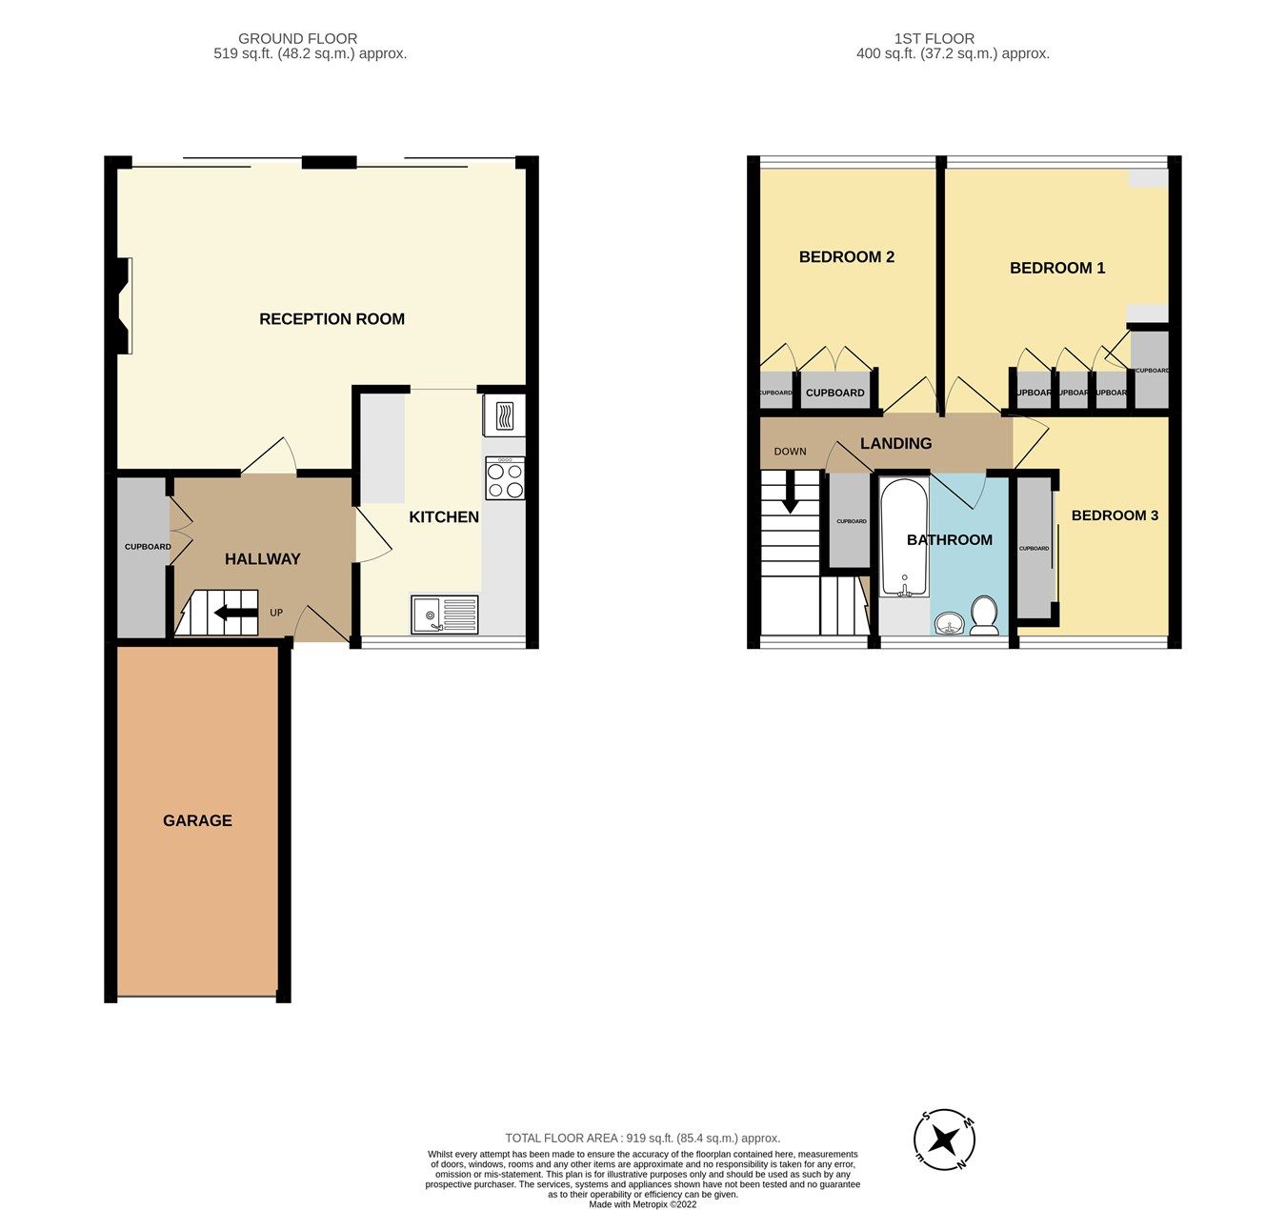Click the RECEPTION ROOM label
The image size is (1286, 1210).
click(332, 319)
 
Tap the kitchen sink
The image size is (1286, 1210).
click(445, 615)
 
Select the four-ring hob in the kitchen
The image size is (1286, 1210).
click(505, 478)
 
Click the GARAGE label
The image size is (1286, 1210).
click(197, 820)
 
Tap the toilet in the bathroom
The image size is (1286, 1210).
click(983, 615)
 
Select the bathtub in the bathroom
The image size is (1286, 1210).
click(903, 538)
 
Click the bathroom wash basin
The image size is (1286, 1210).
click(949, 625)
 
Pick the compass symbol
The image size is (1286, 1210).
click(944, 1139)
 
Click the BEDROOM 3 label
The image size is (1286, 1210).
click(1115, 515)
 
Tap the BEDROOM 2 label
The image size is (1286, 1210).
click(846, 257)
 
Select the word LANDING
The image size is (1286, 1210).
click(895, 443)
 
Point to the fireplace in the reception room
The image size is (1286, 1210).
click(123, 306)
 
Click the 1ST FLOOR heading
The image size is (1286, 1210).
click(934, 39)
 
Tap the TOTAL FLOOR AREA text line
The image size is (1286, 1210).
click(642, 1138)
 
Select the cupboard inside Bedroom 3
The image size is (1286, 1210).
click(1034, 549)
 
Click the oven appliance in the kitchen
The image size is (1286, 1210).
click(504, 415)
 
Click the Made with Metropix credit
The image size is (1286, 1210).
click(642, 1204)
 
